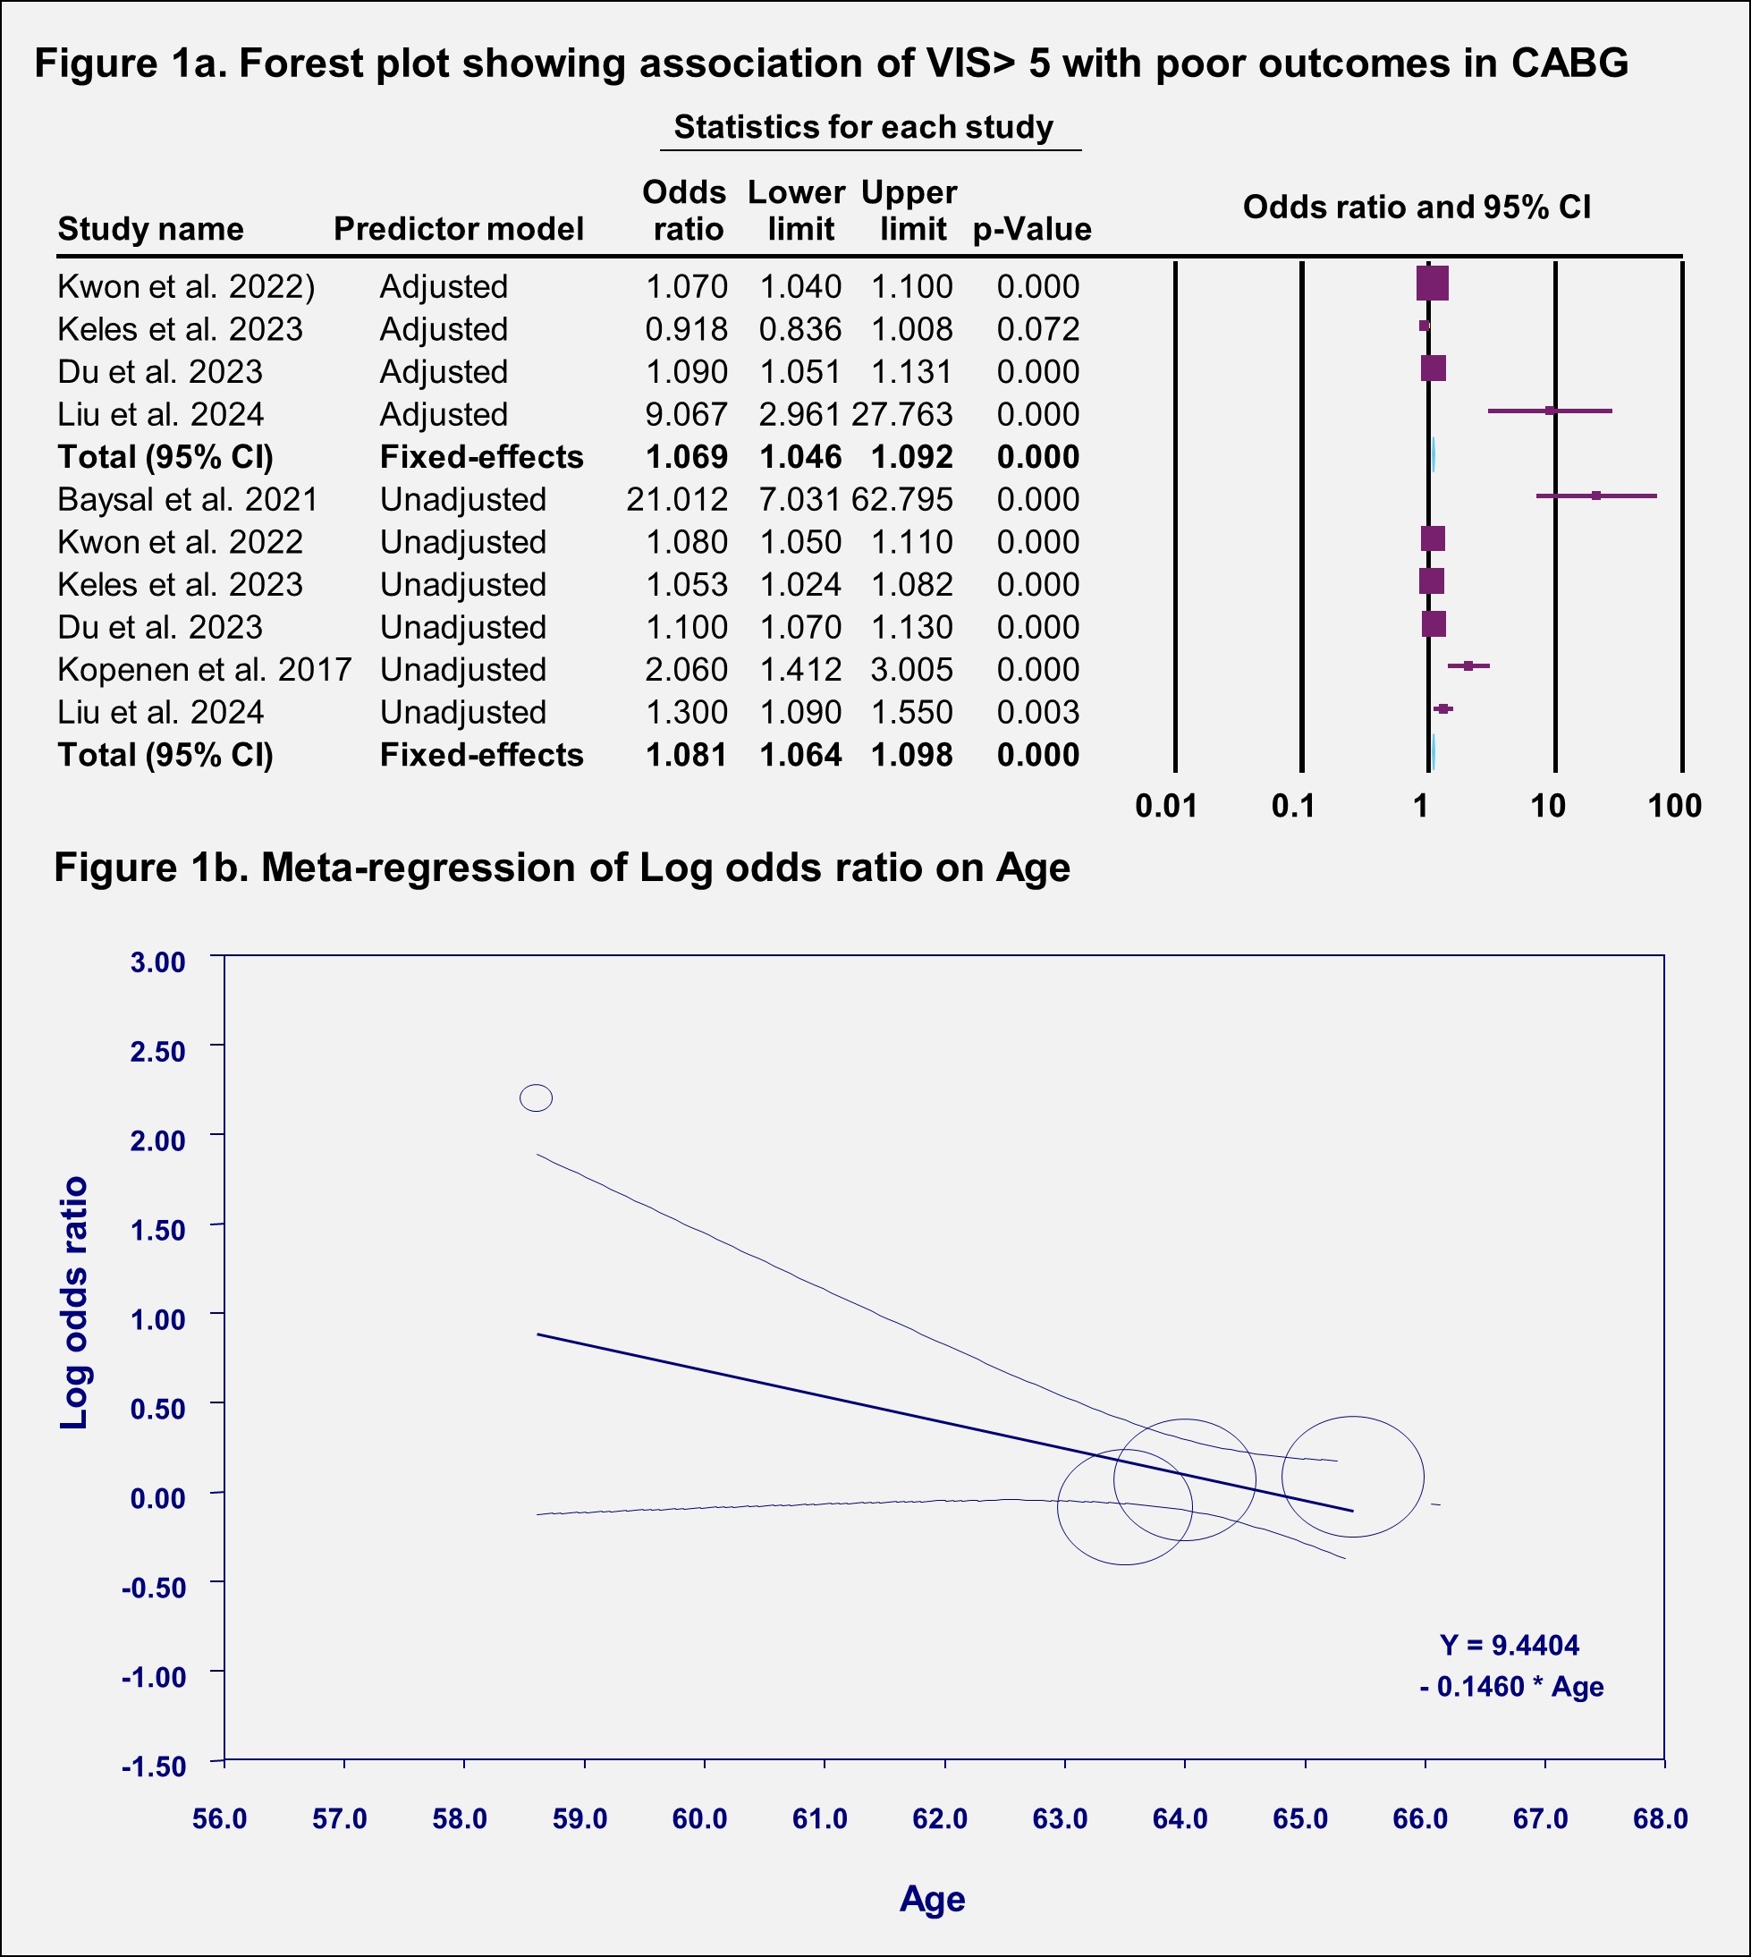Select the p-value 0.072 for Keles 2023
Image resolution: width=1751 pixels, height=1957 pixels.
(x=1037, y=329)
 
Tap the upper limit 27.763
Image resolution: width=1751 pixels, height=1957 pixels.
(x=902, y=415)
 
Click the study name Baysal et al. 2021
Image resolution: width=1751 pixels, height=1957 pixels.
(x=188, y=499)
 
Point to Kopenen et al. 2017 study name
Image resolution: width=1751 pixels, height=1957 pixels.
(x=204, y=670)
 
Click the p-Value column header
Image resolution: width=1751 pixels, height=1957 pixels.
(x=1031, y=229)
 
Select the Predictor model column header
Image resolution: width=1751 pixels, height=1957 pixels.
(x=458, y=229)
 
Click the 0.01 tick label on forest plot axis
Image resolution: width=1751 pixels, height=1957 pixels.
(x=1166, y=806)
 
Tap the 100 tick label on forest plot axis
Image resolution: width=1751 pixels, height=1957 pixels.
(x=1675, y=806)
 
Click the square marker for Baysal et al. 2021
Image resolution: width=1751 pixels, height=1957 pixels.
(x=1596, y=496)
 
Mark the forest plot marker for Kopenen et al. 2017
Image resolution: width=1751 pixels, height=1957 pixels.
(x=1468, y=665)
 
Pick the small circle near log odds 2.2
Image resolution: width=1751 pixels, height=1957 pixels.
(x=536, y=1097)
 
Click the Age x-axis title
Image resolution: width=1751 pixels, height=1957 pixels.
(x=931, y=1899)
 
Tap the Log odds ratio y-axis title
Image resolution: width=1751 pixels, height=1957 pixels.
(x=74, y=1303)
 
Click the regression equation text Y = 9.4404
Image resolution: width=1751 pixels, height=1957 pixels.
(x=1510, y=1644)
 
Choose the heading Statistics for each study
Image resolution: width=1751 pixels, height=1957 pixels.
(x=863, y=127)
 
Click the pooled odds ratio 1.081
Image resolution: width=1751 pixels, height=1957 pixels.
(x=686, y=755)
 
